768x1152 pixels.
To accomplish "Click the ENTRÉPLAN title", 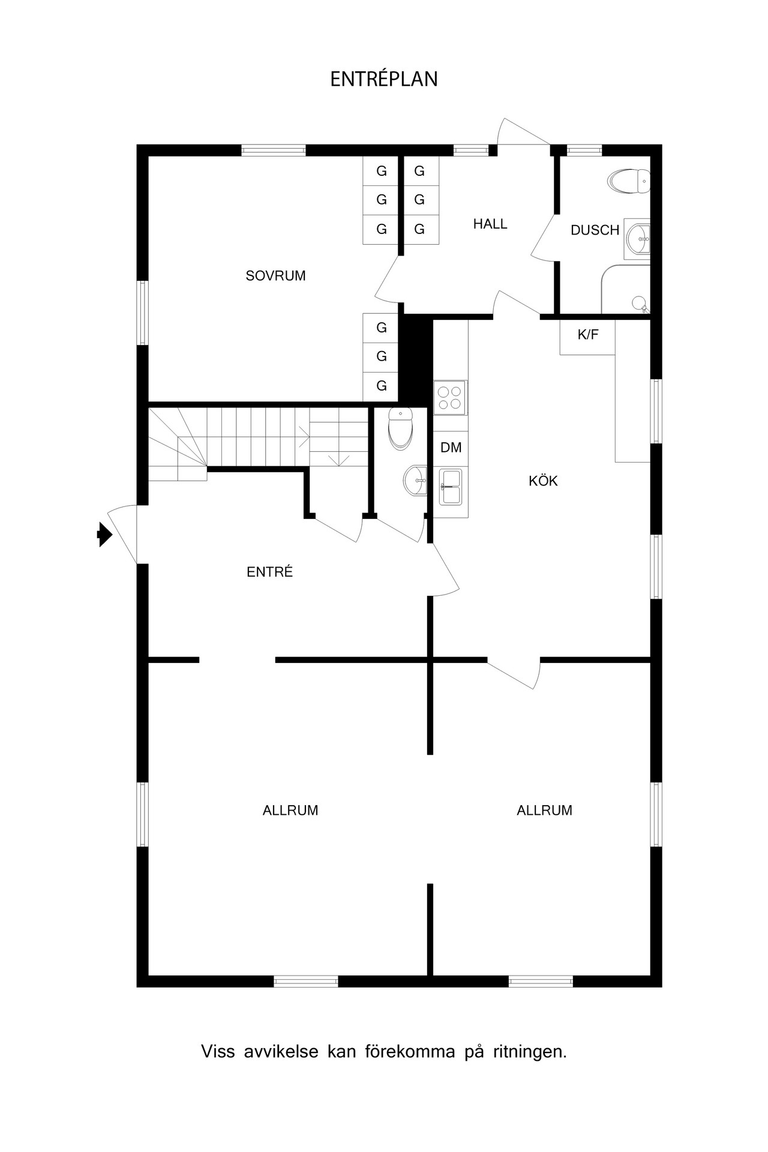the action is coord(384,79).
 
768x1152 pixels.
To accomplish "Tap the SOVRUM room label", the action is coord(276,276).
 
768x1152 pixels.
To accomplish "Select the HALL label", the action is coord(490,224).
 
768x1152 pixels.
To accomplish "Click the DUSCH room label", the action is coord(595,230).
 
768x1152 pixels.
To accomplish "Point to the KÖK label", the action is coord(544,480).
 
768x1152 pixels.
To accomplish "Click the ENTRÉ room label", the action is coord(270,572).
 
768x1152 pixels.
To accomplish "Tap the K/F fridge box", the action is coord(588,337).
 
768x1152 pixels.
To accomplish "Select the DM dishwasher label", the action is coord(451,448).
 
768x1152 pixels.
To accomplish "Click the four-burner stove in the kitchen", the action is coord(450,398).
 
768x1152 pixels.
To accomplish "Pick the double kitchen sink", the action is coord(451,487).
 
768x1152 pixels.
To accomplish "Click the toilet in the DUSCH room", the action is coord(629,181).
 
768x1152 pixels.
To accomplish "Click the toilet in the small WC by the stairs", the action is coord(400,428).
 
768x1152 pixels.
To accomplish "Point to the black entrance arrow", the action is coord(104,534).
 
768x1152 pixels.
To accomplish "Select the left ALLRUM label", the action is coord(290,811).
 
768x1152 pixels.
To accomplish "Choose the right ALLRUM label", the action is coord(545,811).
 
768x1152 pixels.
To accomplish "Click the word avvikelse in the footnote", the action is coord(281,1052).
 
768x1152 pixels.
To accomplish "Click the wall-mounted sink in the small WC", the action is coord(415,480).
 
